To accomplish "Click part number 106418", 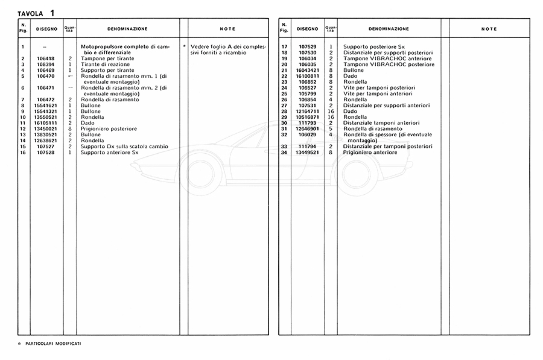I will coord(46,58).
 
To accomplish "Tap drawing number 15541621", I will coord(46,106).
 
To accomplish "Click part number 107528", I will coord(46,153).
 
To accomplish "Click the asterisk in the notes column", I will coord(184,46).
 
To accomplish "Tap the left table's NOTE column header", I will coord(227,29).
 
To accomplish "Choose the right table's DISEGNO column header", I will coord(307,29).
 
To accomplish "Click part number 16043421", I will coord(307,70).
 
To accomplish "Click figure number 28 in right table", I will coord(284,112).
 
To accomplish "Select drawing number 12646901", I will coord(307,129).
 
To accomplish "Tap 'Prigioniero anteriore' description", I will coord(370,153).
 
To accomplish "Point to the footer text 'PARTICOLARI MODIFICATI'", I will coord(54,343).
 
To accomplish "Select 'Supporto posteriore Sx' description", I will coord(372,46).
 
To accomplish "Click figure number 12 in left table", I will coord(22,129).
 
